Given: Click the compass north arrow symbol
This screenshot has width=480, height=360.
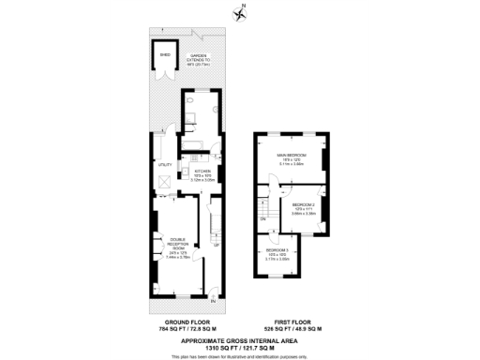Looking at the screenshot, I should click(x=239, y=12).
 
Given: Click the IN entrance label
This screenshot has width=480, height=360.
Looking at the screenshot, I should click(x=213, y=300).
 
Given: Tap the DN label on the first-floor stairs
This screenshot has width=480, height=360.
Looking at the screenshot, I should click(x=263, y=218).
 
